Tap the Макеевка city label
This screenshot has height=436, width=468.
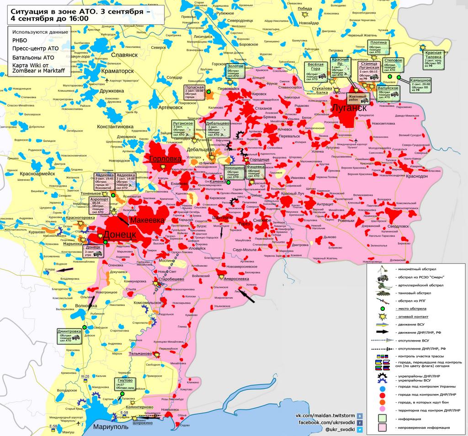(x=147, y=220)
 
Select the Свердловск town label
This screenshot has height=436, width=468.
(x=396, y=226)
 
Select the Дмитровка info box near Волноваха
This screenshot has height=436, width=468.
(x=69, y=336)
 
